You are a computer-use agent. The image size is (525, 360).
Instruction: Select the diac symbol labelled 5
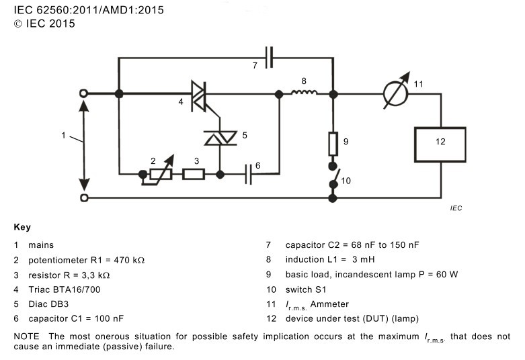pyautogui.click(x=220, y=138)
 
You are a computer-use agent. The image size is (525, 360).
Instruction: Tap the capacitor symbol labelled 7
pyautogui.click(x=269, y=58)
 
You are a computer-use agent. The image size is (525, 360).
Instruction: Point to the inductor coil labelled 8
pyautogui.click(x=304, y=92)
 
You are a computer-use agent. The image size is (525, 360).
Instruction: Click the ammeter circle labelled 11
pyautogui.click(x=395, y=94)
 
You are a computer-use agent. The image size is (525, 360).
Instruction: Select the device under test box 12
pyautogui.click(x=440, y=144)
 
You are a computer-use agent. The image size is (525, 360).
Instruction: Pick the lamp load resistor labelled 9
pyautogui.click(x=333, y=144)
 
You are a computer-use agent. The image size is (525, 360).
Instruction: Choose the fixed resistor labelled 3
pyautogui.click(x=194, y=175)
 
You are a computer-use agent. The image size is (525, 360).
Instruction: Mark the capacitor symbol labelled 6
pyautogui.click(x=248, y=174)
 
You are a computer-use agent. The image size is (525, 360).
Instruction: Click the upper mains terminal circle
pyautogui.click(x=84, y=93)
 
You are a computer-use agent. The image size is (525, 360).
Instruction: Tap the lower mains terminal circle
pyautogui.click(x=84, y=198)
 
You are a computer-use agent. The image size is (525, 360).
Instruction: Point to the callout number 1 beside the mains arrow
pyautogui.click(x=63, y=135)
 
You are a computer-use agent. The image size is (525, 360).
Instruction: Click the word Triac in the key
pyautogui.click(x=39, y=289)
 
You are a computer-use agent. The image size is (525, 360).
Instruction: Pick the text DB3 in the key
pyautogui.click(x=60, y=304)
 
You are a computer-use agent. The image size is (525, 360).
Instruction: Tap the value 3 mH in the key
pyautogui.click(x=363, y=259)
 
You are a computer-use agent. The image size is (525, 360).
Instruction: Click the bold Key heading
pyautogui.click(x=22, y=227)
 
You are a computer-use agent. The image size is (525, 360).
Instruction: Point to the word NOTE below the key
pyautogui.click(x=26, y=336)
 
